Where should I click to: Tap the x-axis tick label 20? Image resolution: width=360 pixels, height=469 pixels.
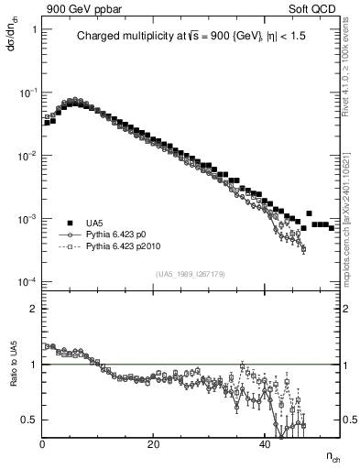pos(154,444)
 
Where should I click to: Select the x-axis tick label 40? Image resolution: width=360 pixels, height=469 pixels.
pos(265,444)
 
